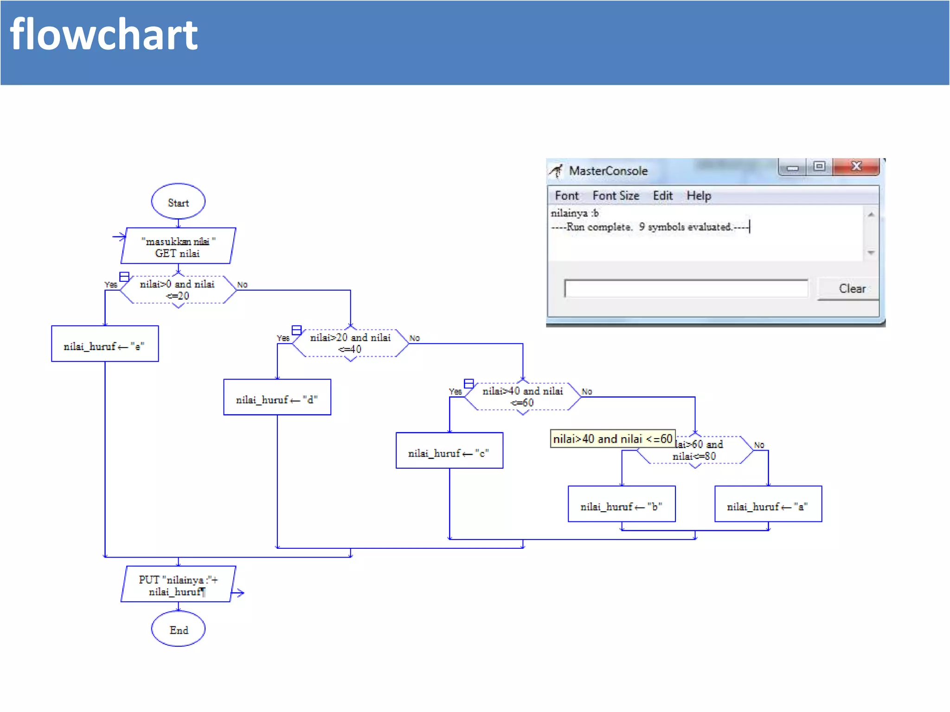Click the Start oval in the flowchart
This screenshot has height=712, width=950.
point(178,202)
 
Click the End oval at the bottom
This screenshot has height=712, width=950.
point(178,629)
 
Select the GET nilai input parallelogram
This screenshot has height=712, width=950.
point(178,246)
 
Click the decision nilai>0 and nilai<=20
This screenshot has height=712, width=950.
point(178,290)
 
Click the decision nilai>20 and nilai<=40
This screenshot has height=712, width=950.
point(351,343)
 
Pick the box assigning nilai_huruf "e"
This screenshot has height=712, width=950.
point(105,344)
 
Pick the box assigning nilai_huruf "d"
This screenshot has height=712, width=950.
point(277,397)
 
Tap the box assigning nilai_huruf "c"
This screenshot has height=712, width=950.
point(449,451)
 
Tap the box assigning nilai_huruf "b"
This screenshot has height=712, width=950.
point(622,504)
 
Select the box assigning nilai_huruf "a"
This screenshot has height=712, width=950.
point(768,504)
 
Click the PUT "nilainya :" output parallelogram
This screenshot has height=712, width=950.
point(178,585)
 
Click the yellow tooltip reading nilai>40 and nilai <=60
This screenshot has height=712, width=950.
point(612,439)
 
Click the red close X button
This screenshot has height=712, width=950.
point(856,166)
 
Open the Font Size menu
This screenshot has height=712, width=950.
point(616,196)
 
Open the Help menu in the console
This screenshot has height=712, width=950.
point(699,196)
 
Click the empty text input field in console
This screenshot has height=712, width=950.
point(686,288)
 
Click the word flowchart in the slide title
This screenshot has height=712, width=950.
point(104,35)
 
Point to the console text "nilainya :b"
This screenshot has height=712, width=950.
point(574,213)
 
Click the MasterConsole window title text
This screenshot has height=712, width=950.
point(608,171)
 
